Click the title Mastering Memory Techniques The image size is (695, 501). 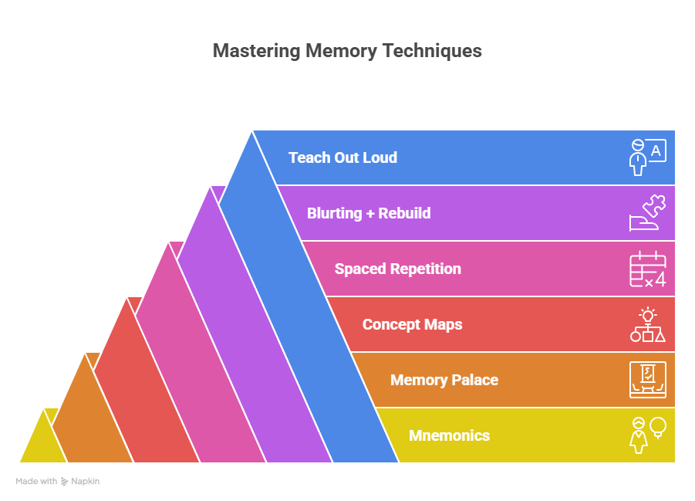point(347,51)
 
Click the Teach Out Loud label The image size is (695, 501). point(342,157)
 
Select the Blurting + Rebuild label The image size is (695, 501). point(368,213)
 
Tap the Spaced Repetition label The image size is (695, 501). point(397,269)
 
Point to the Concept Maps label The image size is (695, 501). point(412,324)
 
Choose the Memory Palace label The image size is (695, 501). point(444,380)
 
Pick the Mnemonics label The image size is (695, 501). point(449,435)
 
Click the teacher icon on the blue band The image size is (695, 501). point(646,157)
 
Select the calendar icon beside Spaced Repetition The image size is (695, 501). point(646,269)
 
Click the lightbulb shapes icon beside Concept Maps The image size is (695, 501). point(646,325)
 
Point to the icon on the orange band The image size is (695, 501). point(646,380)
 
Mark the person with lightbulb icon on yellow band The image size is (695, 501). point(646,435)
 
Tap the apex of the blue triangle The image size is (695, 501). point(252,133)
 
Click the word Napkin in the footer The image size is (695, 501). point(86,481)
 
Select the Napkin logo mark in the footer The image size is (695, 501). point(65,481)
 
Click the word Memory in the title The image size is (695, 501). point(333,51)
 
